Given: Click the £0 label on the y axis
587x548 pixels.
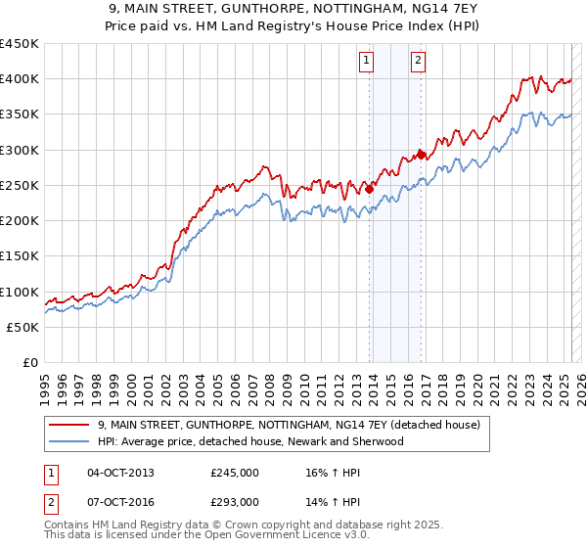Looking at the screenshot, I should pos(29,363).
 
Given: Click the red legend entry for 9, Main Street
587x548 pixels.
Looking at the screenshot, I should pos(288,426).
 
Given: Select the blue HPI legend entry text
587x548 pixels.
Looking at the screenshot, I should pos(249,442).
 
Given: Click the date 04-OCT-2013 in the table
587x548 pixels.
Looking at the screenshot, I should pos(120,473).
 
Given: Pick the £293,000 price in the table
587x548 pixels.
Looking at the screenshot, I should pos(235,502).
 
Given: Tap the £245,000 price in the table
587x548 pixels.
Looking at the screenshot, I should pos(235,473).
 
